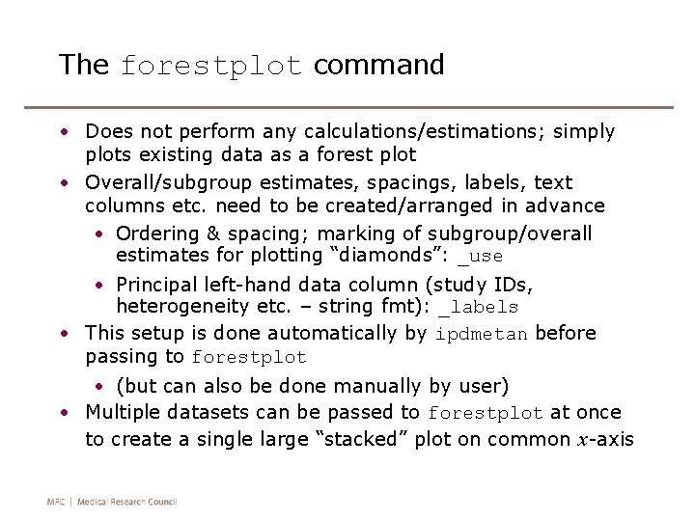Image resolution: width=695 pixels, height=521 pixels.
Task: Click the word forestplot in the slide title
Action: (210, 67)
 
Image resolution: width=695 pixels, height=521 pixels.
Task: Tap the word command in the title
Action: (378, 65)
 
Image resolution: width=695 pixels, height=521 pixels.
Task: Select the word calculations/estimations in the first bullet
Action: (427, 131)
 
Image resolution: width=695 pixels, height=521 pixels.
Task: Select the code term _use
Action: (480, 257)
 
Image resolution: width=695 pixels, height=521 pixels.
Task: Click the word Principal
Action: (156, 285)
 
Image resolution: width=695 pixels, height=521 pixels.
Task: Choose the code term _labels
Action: (478, 308)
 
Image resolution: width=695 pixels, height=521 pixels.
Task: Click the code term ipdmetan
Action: (482, 335)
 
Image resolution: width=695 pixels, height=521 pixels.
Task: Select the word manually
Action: (379, 386)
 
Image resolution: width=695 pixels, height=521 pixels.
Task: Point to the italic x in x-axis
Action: (583, 440)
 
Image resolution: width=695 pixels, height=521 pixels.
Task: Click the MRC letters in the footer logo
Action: (57, 502)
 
